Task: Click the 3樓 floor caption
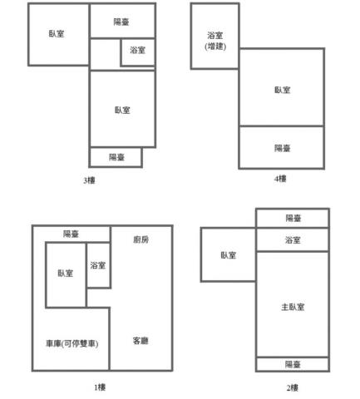[89, 180]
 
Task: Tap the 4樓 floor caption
[280, 179]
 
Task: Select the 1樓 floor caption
[100, 387]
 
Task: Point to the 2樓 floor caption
[293, 387]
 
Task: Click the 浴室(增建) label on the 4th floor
[215, 41]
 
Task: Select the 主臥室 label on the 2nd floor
[293, 307]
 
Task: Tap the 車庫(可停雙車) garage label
[72, 343]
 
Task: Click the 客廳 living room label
[141, 341]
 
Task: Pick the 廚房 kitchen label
[141, 239]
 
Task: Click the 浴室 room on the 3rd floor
[137, 52]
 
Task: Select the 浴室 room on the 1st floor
[98, 265]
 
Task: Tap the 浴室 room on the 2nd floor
[293, 239]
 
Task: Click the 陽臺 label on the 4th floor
[282, 148]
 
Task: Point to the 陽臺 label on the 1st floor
[71, 234]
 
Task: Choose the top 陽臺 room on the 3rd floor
[122, 21]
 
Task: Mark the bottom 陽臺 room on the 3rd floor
[116, 157]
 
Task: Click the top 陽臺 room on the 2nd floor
[293, 218]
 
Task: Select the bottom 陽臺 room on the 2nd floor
[293, 364]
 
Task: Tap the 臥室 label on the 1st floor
[66, 273]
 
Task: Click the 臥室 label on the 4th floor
[282, 90]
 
